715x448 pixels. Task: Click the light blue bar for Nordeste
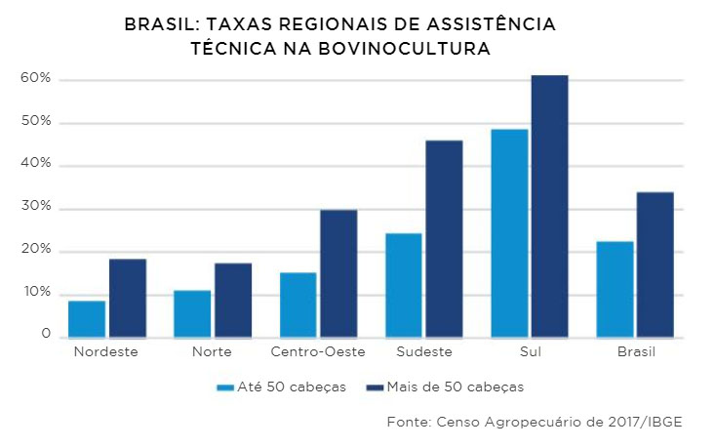click(87, 319)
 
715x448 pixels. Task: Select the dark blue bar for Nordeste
click(128, 298)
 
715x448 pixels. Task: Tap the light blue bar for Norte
click(192, 313)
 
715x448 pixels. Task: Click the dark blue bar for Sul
click(550, 206)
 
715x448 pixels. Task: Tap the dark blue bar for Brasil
click(655, 265)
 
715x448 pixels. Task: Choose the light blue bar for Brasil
click(615, 289)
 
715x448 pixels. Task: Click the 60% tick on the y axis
click(34, 79)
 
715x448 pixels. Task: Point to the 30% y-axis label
click(34, 208)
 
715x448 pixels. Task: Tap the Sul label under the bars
click(531, 351)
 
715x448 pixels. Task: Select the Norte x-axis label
click(212, 351)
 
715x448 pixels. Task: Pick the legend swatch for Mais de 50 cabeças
click(373, 387)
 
